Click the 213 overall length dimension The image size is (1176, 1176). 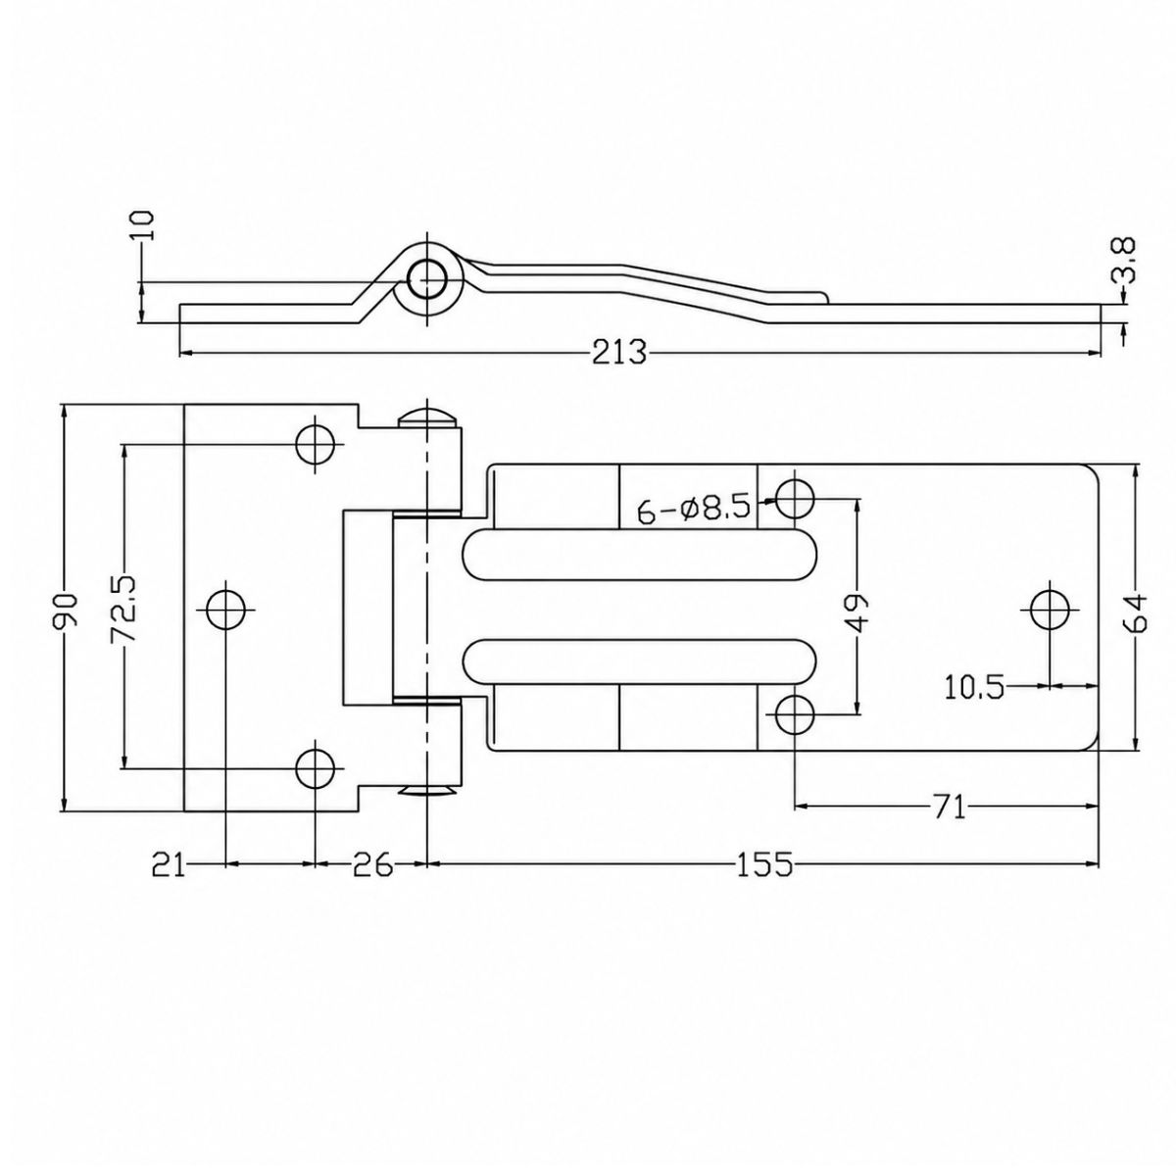[x=618, y=352]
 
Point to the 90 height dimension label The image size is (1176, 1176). [x=66, y=609]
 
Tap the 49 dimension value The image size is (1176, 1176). [x=857, y=612]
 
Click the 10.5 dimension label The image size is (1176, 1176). [x=974, y=687]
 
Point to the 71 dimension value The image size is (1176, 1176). [x=949, y=808]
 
